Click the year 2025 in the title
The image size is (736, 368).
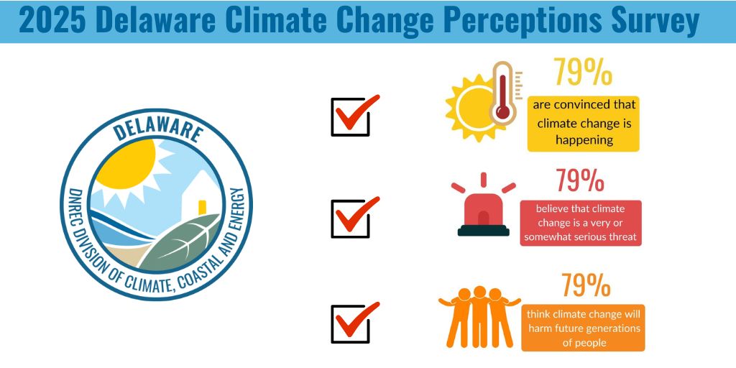52,21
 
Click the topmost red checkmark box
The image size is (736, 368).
351,116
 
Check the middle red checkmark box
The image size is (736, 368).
351,216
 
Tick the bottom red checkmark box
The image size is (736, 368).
351,323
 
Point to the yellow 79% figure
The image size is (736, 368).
581,73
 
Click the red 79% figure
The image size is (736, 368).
579,180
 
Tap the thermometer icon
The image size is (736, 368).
502,94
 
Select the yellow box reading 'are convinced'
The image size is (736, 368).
583,122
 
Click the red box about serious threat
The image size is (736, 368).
580,223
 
